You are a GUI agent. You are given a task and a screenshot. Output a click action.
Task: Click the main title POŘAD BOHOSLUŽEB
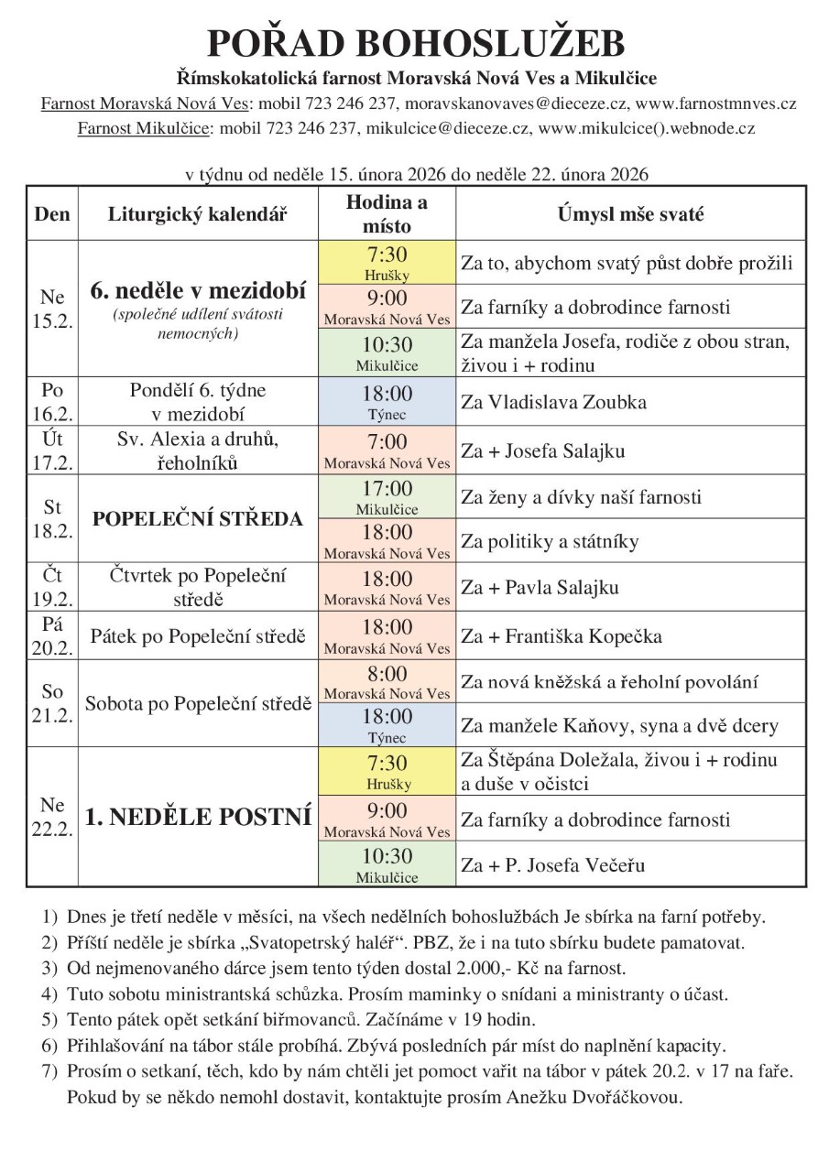415,43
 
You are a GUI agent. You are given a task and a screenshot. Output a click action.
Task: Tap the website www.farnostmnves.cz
715,103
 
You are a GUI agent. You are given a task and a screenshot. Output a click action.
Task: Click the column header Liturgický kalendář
198,214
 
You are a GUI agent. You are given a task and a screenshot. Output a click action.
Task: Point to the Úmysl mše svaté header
630,214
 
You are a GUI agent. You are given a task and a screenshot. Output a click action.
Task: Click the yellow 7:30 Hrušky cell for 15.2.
387,262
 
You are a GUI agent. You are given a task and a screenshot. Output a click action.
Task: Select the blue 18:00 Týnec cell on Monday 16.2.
387,401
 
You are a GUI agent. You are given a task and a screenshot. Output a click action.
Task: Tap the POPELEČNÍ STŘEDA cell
198,519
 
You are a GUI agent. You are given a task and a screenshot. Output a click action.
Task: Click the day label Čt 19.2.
52,587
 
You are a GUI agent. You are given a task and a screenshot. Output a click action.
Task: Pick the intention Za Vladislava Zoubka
554,402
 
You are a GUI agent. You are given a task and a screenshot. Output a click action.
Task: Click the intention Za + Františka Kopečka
562,635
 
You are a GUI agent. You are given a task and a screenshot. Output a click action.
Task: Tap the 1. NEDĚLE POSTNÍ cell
198,817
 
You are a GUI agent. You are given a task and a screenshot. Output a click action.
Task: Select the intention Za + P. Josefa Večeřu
559,864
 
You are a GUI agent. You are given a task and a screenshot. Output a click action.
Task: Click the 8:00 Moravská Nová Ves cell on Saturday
387,682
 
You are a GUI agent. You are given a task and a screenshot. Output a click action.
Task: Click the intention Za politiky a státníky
550,541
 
